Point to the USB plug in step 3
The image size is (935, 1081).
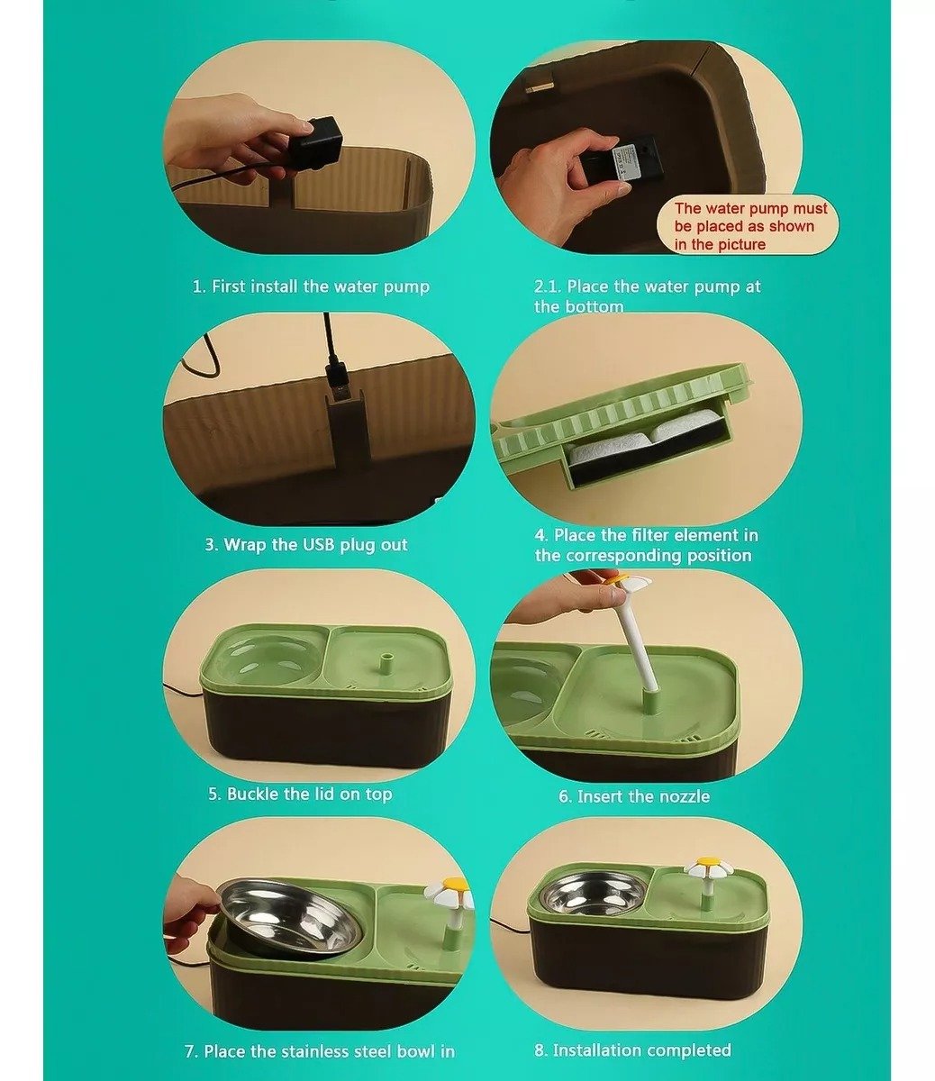click(337, 382)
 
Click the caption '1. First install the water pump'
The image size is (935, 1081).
click(311, 286)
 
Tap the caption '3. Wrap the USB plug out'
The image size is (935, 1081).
click(306, 544)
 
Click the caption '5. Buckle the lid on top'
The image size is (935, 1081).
click(300, 794)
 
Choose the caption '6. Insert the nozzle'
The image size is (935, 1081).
click(634, 796)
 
